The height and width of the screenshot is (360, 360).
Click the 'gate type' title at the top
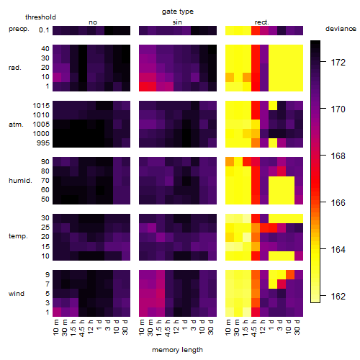pyautogui.click(x=178, y=12)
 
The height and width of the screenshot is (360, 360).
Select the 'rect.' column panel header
pyautogui.click(x=262, y=22)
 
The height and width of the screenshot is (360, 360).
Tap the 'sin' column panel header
pyautogui.click(x=177, y=22)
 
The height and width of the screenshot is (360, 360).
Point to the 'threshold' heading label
pyautogui.click(x=40, y=17)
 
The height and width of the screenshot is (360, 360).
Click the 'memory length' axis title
pyautogui.click(x=177, y=350)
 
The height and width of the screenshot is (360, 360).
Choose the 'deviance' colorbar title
pyautogui.click(x=341, y=29)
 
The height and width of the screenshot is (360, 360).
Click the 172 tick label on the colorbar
pyautogui.click(x=338, y=63)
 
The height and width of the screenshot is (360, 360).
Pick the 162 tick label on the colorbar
pyautogui.click(x=338, y=297)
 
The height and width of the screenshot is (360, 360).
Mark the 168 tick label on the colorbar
pyautogui.click(x=338, y=156)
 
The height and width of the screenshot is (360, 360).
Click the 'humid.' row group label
pyautogui.click(x=20, y=181)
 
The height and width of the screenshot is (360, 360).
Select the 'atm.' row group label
pyautogui.click(x=16, y=125)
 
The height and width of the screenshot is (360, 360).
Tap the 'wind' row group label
pyautogui.click(x=17, y=294)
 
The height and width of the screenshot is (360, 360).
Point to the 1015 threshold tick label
pyautogui.click(x=41, y=106)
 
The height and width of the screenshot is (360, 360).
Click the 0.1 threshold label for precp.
pyautogui.click(x=44, y=30)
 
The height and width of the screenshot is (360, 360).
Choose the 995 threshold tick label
pyautogui.click(x=43, y=143)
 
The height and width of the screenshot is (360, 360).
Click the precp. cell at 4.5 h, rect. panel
pyautogui.click(x=256, y=30)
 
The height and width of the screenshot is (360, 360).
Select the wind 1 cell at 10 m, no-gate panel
pyautogui.click(x=57, y=312)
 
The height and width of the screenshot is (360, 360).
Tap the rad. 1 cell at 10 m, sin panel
pyautogui.click(x=143, y=86)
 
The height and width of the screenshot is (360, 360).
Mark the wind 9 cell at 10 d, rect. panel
pyautogui.click(x=290, y=274)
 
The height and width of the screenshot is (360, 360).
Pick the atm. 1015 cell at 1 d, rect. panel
pyautogui.click(x=273, y=106)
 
